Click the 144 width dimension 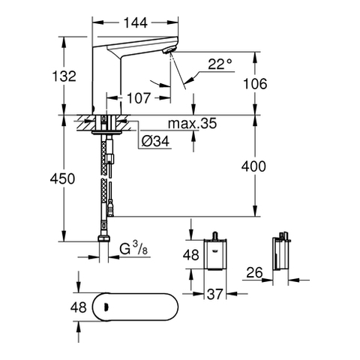tap(136, 23)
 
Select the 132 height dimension tap(64, 76)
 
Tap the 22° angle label tap(220, 64)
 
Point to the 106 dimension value tap(255, 84)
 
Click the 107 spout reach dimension tap(139, 98)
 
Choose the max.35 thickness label tap(192, 124)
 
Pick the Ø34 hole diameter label tap(155, 142)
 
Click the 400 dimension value tap(253, 166)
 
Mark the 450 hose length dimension tap(62, 179)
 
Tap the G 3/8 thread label tap(133, 248)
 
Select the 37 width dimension tap(214, 294)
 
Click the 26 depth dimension tap(255, 273)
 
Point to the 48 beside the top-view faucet tap(79, 307)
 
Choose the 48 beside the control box tap(191, 255)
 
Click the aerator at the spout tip tap(167, 51)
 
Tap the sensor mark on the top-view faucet tap(106, 307)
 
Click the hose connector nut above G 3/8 tap(103, 238)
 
